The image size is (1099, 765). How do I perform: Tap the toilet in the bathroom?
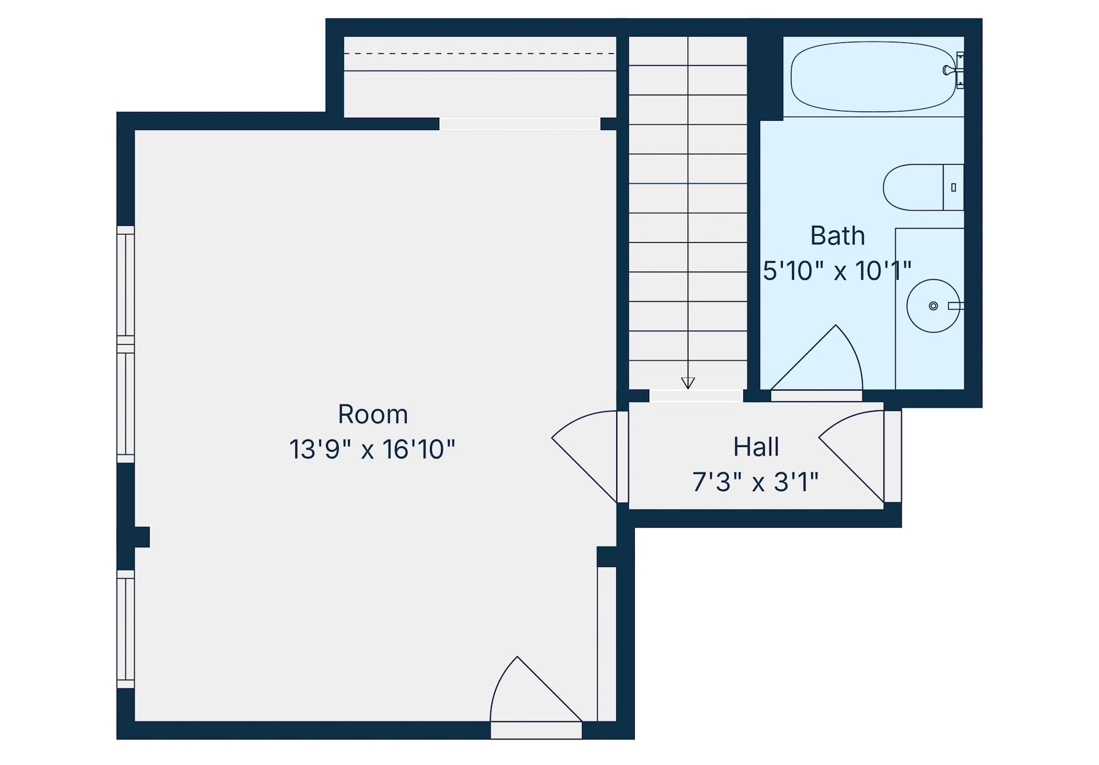[x=917, y=187]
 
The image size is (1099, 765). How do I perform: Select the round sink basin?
[x=932, y=306]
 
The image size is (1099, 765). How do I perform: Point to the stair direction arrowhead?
[x=688, y=383]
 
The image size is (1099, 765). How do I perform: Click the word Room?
[x=373, y=414]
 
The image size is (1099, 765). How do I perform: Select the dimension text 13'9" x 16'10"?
[x=372, y=449]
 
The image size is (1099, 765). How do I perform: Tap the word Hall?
[x=755, y=447]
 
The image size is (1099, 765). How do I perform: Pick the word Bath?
[x=837, y=236]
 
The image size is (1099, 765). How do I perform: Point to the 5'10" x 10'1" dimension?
[x=837, y=271]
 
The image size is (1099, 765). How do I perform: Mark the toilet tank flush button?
[x=953, y=187]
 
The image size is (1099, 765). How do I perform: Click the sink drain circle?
[x=933, y=306]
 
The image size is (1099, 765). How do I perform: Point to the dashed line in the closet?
[x=479, y=53]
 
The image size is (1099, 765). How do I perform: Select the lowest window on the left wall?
[x=125, y=629]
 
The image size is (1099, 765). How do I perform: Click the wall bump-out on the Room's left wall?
[x=142, y=537]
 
